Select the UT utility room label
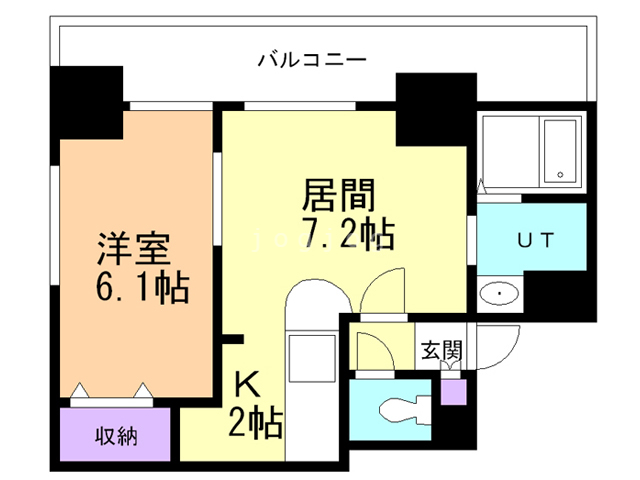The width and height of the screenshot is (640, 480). (x=529, y=240)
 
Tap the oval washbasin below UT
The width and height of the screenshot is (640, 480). (x=497, y=293)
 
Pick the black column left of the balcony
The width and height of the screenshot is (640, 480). (x=88, y=102)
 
